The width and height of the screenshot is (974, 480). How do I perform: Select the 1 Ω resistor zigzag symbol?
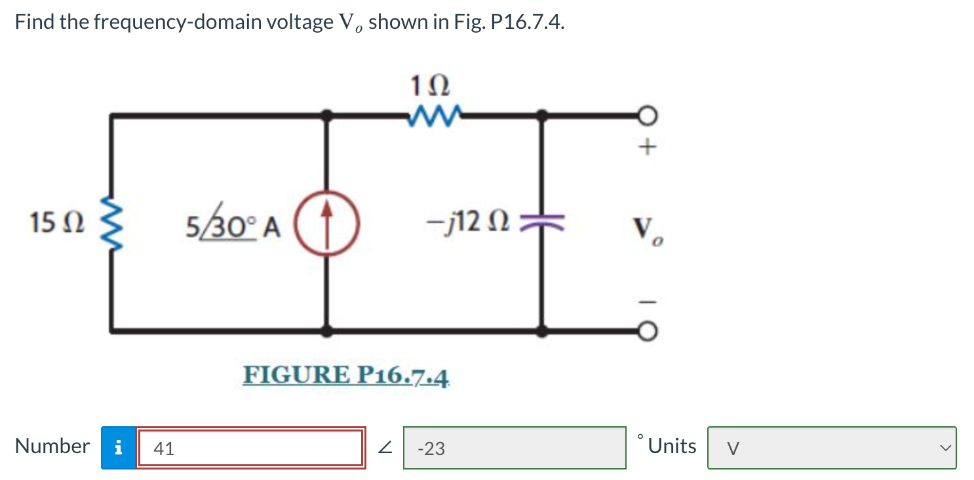pos(430,116)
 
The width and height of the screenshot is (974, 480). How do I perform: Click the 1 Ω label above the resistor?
pos(429,85)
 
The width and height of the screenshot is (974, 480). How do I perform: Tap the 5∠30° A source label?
pos(233,226)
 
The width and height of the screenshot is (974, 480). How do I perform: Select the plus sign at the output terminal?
pos(647,149)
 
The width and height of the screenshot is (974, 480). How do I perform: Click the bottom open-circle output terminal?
pos(647,332)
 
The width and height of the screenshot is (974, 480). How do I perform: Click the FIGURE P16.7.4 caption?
pos(347,376)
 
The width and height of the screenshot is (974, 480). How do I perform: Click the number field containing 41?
pos(250,449)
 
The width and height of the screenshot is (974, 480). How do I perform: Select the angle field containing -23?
pos(515,449)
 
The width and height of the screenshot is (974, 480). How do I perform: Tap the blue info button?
pos(118,449)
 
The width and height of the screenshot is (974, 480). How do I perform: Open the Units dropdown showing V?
pos(831,449)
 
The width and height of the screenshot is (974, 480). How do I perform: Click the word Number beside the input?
pos(52,447)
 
